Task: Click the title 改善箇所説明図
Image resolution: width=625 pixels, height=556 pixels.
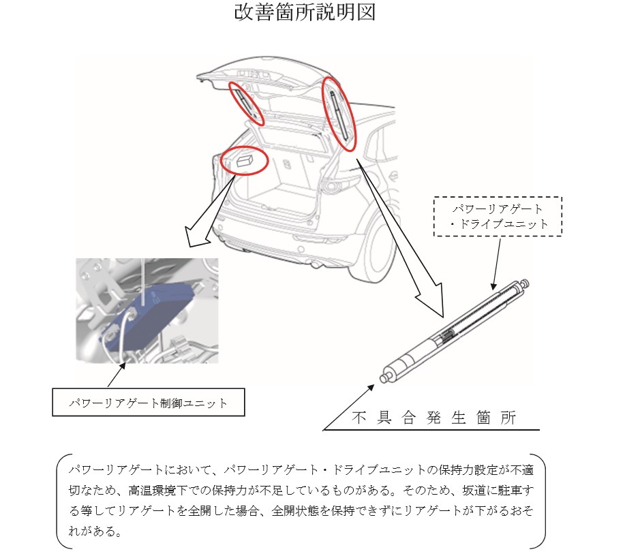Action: (304, 14)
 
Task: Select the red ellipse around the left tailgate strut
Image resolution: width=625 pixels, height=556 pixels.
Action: (246, 104)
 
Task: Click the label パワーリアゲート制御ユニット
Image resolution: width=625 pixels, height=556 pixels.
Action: (149, 403)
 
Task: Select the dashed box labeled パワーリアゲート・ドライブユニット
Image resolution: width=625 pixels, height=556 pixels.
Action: (498, 216)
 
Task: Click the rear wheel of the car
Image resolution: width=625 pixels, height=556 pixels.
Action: (378, 252)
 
